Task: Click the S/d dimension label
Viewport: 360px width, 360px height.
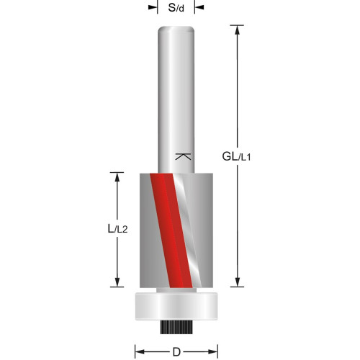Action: coord(176,8)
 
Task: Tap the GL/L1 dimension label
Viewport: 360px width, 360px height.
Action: coord(236,157)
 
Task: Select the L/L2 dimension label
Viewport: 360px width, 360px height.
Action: coord(117,228)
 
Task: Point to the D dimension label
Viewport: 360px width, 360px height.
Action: coord(176,352)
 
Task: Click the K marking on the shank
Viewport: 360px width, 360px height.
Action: coord(183,156)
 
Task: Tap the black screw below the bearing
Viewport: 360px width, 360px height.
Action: coord(176,327)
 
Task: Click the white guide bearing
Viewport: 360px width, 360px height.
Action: coord(176,306)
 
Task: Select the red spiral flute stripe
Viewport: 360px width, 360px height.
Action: coord(171,230)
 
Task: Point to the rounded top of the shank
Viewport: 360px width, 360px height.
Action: coord(176,30)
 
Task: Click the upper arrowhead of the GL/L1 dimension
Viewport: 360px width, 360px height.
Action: coord(238,30)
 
